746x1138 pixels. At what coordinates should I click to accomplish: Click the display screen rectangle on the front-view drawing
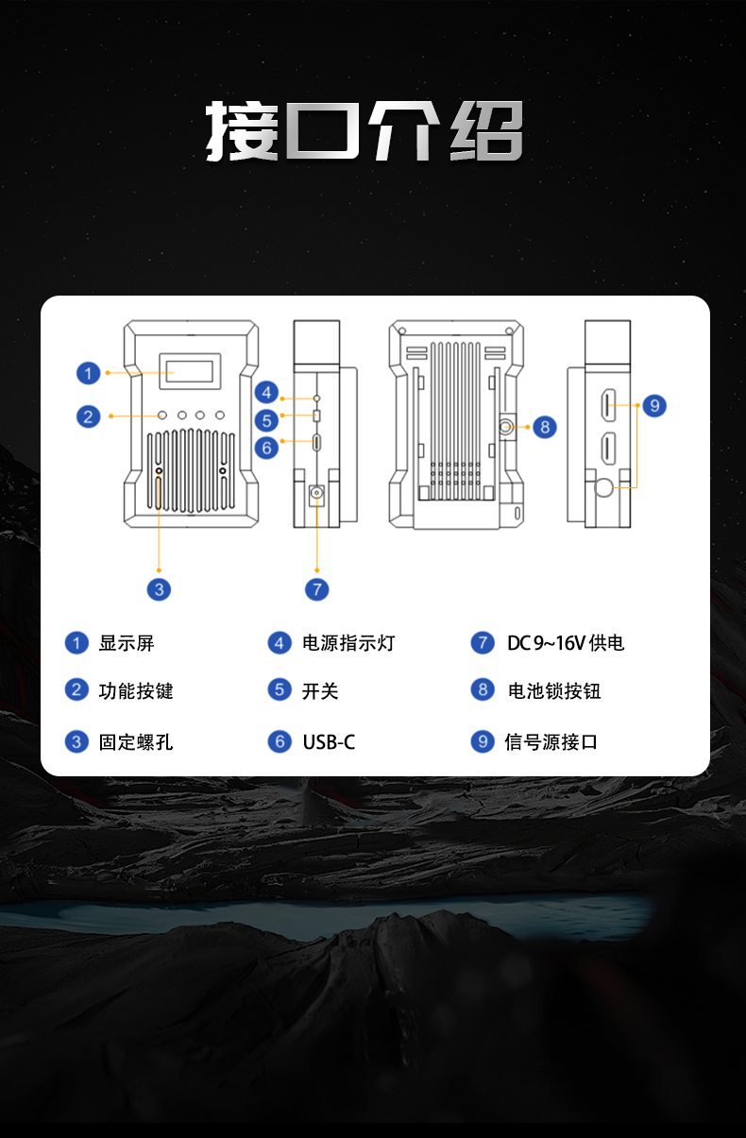point(190,369)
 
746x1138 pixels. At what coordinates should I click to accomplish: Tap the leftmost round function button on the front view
point(163,415)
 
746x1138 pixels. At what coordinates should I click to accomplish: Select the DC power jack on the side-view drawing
point(317,492)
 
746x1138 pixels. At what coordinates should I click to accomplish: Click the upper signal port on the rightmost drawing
point(608,405)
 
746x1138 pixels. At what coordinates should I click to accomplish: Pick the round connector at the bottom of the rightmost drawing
point(605,487)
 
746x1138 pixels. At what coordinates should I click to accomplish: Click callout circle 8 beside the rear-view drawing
point(545,427)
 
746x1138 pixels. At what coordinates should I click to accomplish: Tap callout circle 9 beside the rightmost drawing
point(653,406)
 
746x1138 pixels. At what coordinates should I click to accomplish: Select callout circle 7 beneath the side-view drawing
point(317,589)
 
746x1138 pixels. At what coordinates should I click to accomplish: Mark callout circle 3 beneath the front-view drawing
point(159,589)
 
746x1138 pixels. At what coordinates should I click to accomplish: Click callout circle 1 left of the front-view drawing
point(88,373)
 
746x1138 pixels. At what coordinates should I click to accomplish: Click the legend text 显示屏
point(127,643)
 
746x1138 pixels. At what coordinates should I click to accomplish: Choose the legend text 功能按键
point(136,691)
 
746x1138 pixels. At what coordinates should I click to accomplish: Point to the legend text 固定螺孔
point(136,742)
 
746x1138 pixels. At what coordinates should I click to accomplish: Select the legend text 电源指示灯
point(348,643)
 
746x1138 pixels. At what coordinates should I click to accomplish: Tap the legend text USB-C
point(329,742)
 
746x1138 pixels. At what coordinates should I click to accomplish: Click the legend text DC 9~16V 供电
point(566,643)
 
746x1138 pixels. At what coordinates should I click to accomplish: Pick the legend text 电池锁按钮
point(554,691)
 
